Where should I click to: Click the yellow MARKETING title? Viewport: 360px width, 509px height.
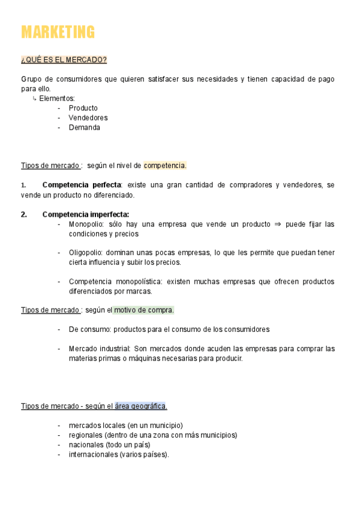pos(58,32)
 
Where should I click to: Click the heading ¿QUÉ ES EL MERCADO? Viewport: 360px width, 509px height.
pos(64,60)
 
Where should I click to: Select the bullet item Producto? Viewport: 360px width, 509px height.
pos(83,108)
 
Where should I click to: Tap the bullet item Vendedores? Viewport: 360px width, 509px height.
pos(88,118)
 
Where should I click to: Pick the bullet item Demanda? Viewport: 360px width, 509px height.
pos(84,127)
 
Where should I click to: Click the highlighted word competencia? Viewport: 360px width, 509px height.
pos(165,166)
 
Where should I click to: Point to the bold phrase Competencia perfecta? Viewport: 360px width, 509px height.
pos(82,185)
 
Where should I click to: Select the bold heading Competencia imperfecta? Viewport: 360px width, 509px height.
pos(85,214)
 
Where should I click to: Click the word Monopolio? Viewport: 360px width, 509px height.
pos(86,224)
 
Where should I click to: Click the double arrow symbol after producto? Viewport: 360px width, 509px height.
pos(277,224)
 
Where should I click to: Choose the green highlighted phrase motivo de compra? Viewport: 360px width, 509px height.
pos(144,310)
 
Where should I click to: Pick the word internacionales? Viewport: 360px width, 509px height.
pos(93,454)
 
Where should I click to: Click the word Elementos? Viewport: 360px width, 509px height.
pos(56,98)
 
